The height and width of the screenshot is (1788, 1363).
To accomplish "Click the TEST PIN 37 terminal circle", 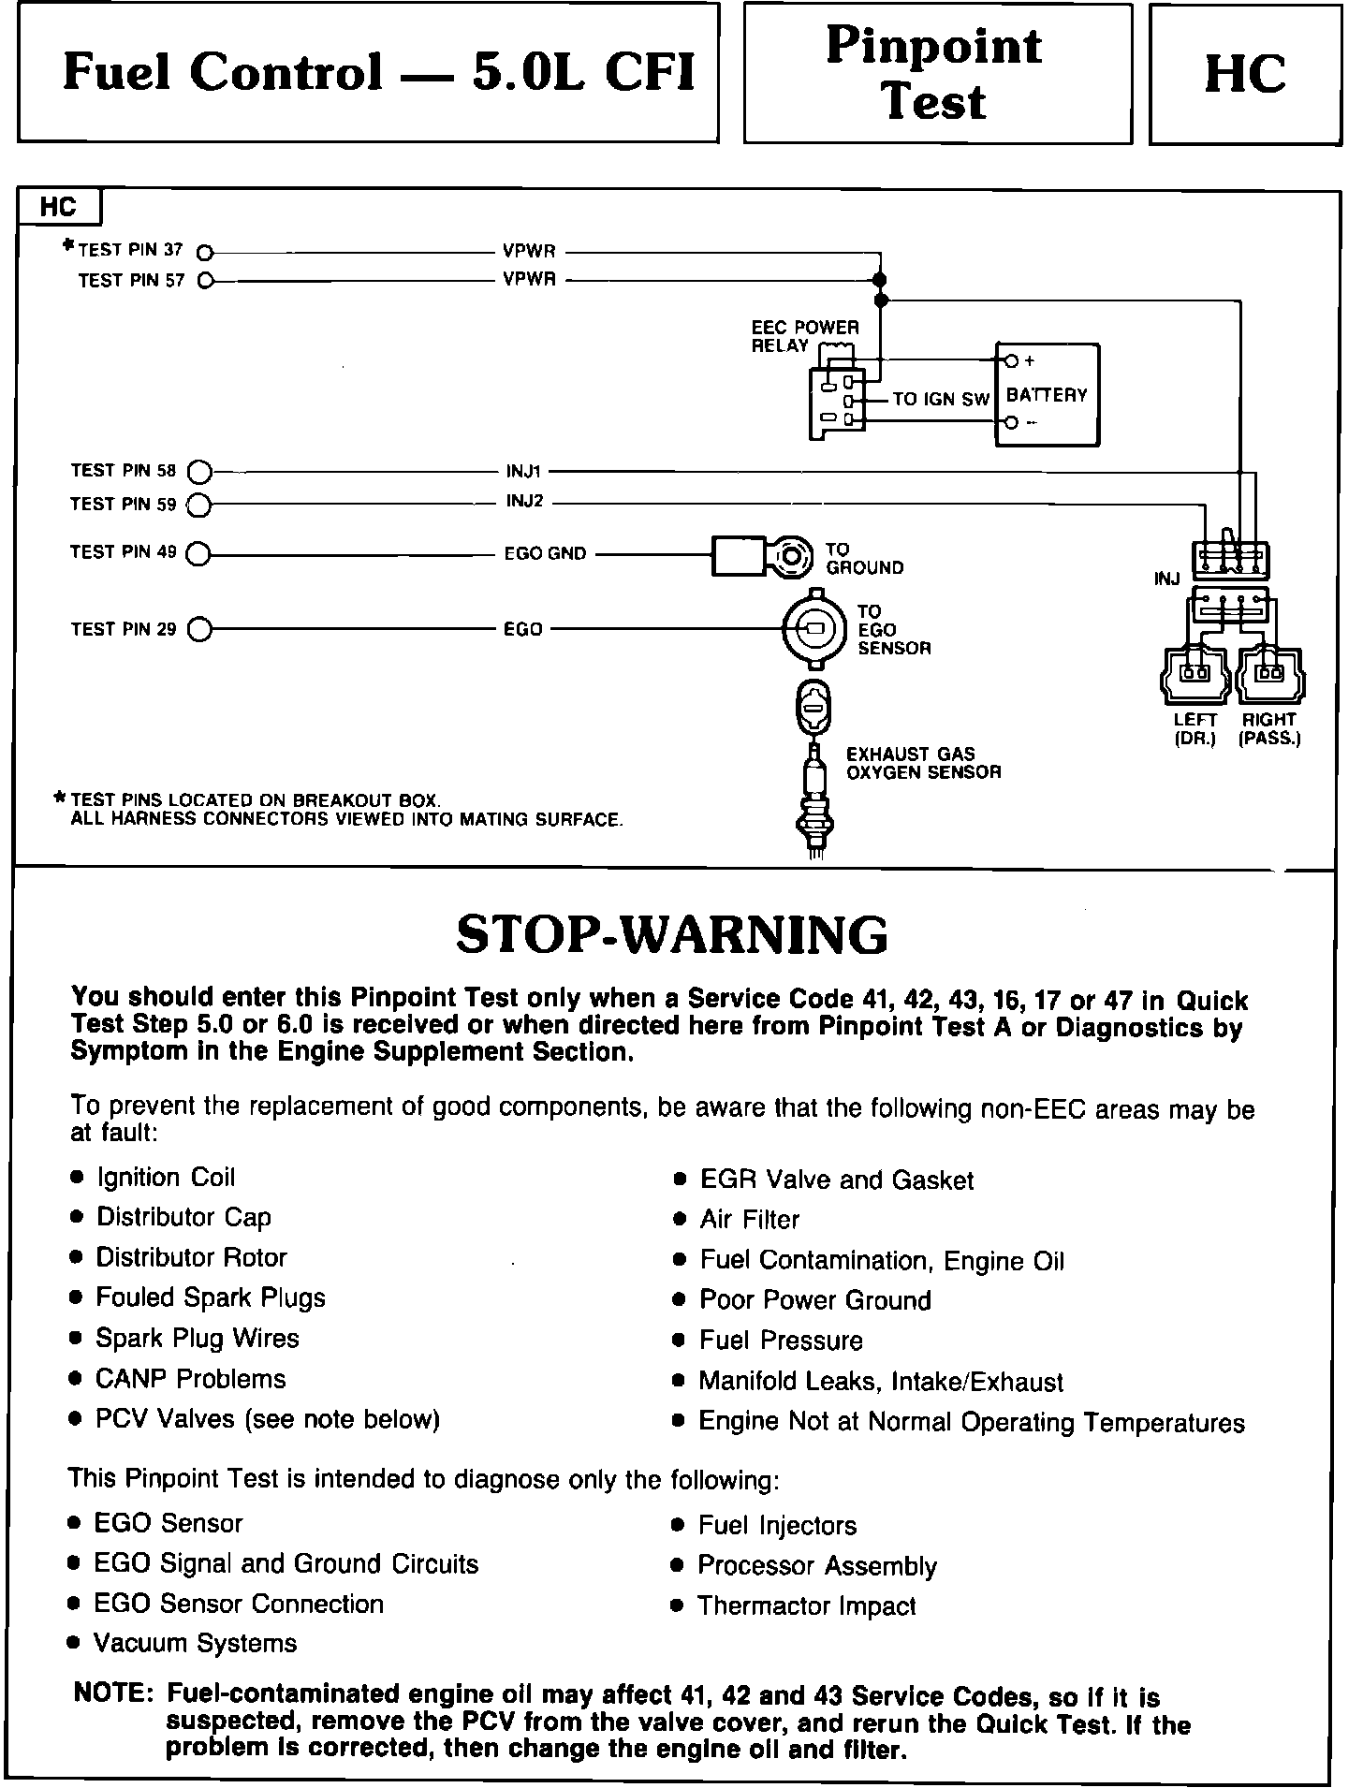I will point(206,252).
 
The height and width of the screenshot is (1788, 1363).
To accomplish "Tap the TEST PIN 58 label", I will point(123,470).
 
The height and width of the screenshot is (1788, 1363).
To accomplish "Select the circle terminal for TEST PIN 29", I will point(199,630).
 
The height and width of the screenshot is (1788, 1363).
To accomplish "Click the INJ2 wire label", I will point(524,502).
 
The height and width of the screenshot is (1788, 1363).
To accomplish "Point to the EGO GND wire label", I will point(545,553).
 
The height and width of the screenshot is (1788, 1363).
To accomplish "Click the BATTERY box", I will point(1047,395).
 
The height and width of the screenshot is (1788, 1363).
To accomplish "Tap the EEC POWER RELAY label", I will point(804,337).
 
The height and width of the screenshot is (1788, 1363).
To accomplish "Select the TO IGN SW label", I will point(940,400).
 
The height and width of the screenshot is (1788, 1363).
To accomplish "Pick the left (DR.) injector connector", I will point(1194,673).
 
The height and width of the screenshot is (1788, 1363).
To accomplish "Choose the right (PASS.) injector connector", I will point(1270,673).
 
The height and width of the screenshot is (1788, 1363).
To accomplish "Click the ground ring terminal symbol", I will point(791,557).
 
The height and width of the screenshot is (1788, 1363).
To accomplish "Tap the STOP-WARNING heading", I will point(671,934).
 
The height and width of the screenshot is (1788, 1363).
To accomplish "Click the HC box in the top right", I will point(1244,74).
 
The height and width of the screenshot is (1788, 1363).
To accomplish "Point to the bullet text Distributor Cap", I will point(183,1217).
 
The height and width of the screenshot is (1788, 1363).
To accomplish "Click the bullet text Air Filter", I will point(750,1220).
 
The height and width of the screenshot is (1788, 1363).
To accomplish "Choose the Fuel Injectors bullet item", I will point(777,1526).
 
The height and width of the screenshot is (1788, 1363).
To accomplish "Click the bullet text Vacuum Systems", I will point(196,1643).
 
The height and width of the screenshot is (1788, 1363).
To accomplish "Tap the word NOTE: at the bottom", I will point(113,1693).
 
